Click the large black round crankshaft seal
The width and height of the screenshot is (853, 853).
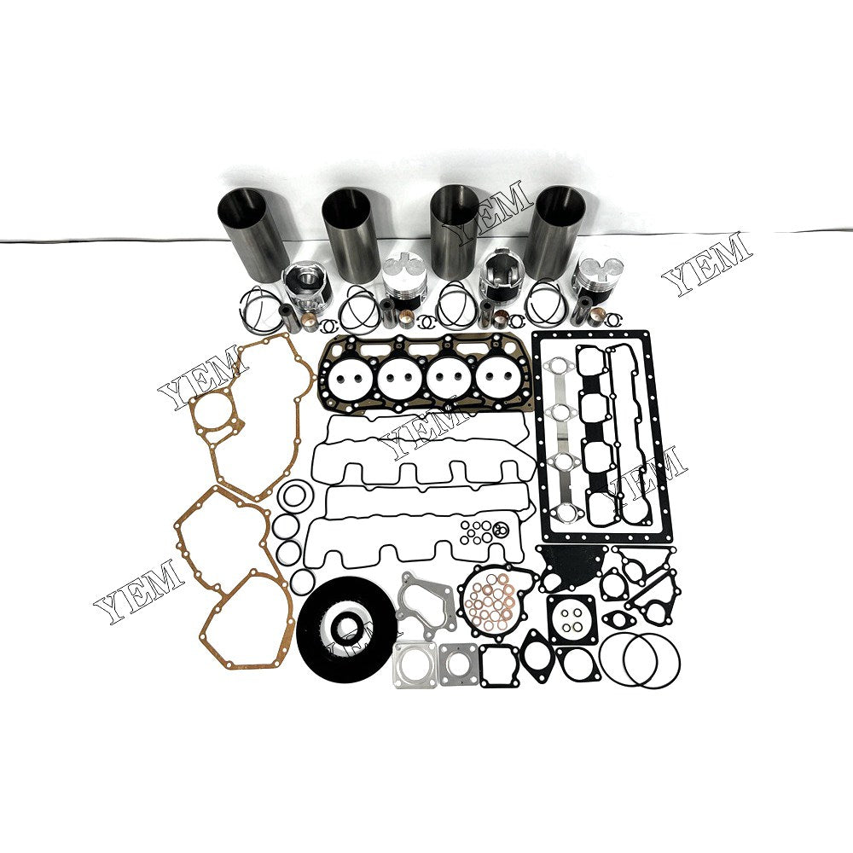pos(345,622)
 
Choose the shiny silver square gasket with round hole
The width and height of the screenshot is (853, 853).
pos(415,664)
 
